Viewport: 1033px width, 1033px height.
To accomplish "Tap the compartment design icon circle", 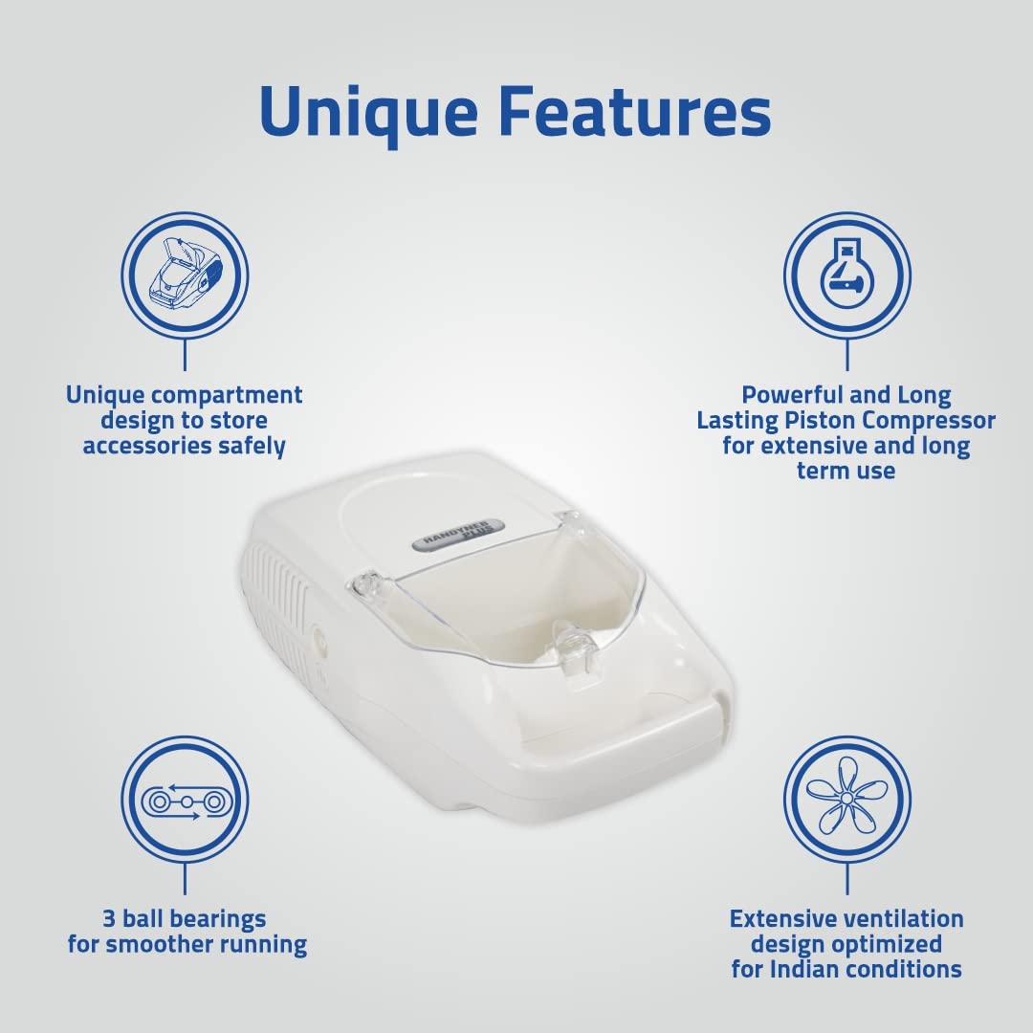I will pos(185,275).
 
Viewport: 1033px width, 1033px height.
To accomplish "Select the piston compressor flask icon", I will pos(846,275).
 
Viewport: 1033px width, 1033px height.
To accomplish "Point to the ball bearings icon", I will pos(185,800).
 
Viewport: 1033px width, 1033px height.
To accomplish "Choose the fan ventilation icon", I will pos(846,800).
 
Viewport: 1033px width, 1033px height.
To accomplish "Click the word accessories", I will pos(151,446).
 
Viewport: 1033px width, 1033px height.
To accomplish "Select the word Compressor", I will pos(937,421).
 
